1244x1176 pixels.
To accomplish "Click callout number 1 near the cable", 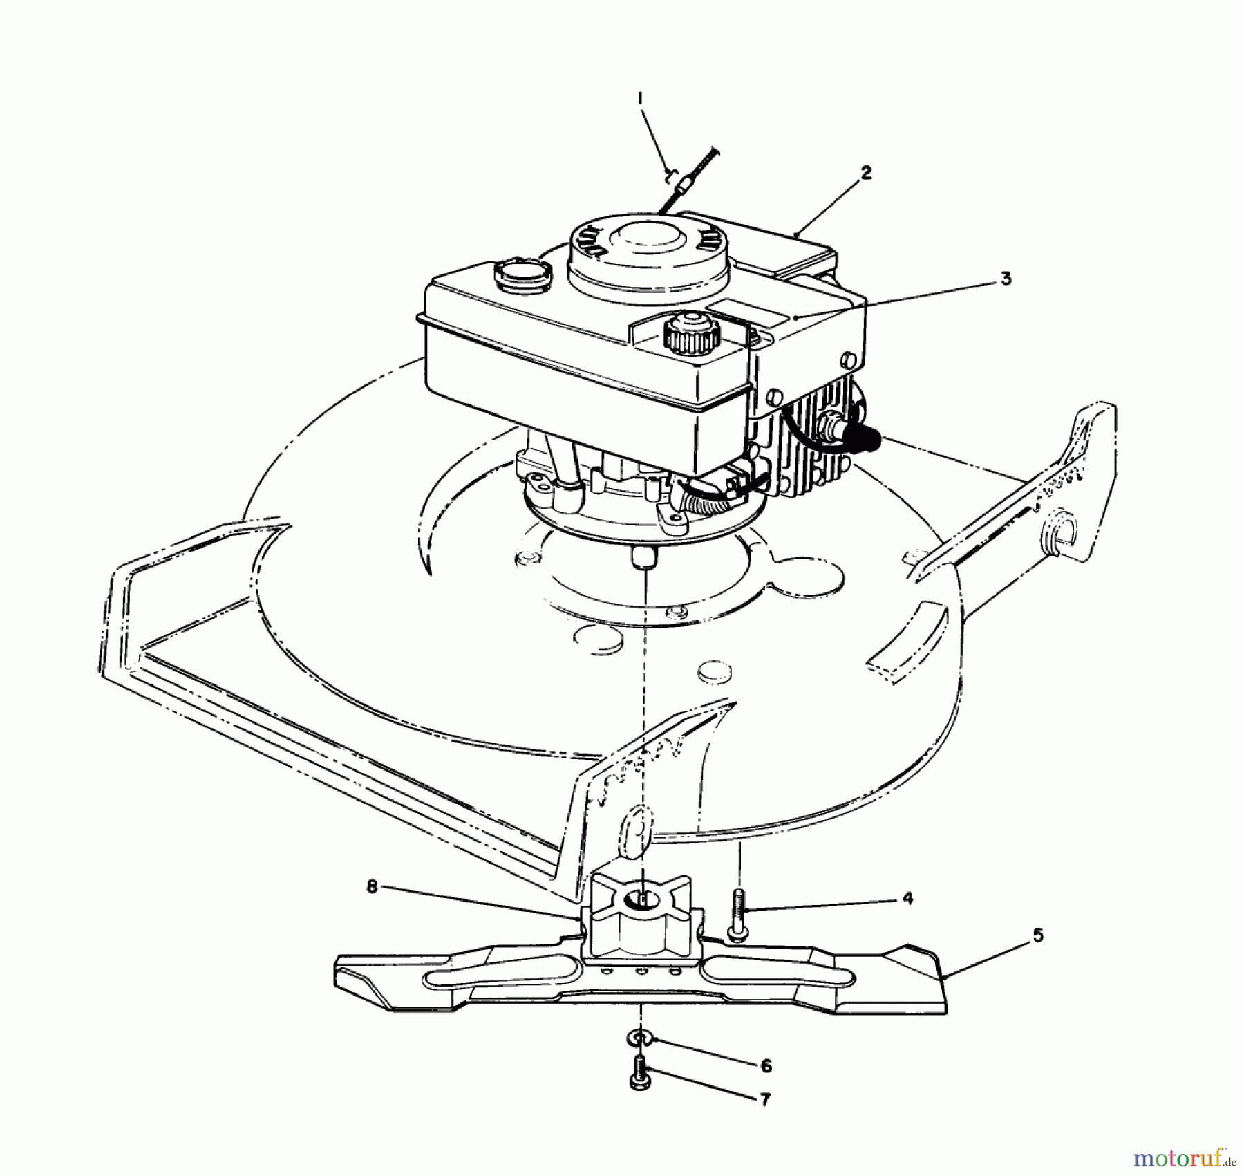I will [x=640, y=99].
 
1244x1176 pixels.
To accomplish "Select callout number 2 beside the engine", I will [x=866, y=172].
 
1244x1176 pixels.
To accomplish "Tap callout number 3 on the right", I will [x=1005, y=279].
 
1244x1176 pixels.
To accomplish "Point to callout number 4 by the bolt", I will [x=907, y=898].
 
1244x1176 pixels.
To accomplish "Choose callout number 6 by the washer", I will [x=765, y=1065].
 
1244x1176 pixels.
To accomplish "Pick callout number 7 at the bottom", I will [x=764, y=1099].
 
